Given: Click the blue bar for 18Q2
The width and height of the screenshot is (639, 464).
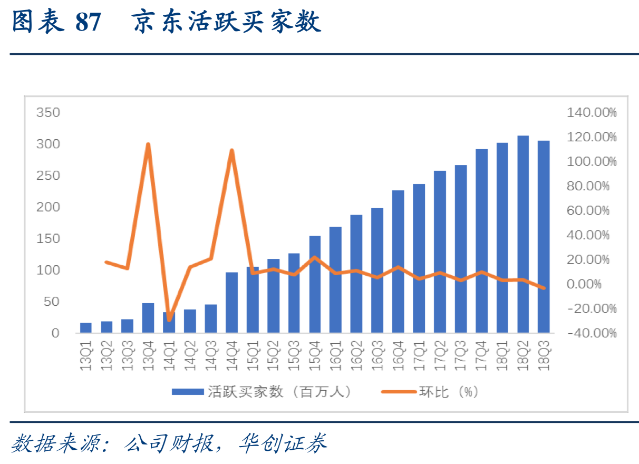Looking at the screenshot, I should point(523,234).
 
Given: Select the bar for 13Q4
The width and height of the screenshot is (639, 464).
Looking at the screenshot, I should point(148,318).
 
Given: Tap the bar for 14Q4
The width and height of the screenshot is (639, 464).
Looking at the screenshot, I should point(231,303).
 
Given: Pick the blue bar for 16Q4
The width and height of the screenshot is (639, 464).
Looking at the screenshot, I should point(398,262).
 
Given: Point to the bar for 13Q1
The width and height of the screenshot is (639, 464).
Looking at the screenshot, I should point(86,327).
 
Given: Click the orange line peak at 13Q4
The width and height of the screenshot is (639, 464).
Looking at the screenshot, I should point(148,144).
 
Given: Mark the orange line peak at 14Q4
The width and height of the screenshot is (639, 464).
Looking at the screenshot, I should point(231,151).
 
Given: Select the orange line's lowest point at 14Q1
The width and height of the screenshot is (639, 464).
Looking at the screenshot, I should point(169,320).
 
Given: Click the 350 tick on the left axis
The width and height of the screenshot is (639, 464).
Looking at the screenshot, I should point(48,112).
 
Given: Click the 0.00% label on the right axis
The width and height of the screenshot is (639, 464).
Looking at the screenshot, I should point(594,284).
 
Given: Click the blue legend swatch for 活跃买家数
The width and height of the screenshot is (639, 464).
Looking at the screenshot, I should point(188,392).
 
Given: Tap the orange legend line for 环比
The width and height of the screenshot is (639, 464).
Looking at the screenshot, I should point(399,392).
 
